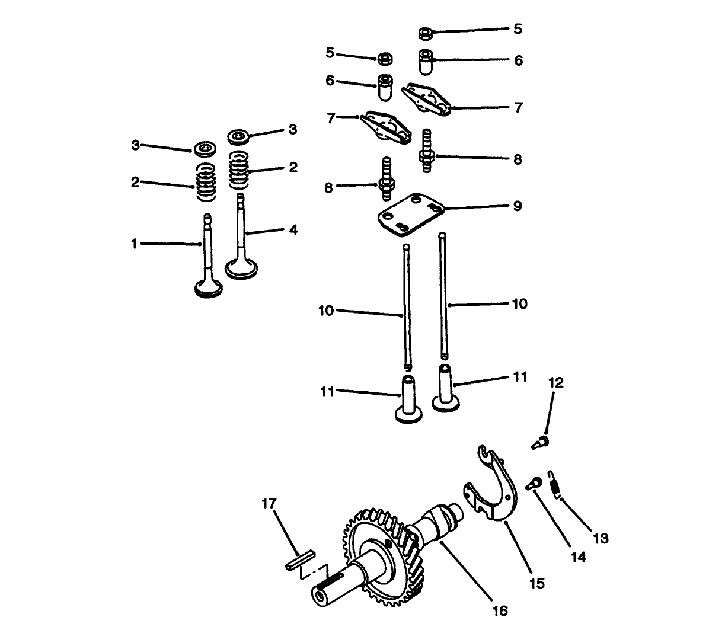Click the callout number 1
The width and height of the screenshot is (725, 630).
click(x=134, y=243)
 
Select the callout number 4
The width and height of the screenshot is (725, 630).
click(x=293, y=229)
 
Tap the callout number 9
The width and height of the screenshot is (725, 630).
click(x=517, y=206)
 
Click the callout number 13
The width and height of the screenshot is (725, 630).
click(x=601, y=538)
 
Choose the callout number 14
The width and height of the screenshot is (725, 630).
click(x=578, y=557)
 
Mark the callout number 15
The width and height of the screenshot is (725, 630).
click(x=536, y=583)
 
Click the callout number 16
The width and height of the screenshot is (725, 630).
click(x=500, y=610)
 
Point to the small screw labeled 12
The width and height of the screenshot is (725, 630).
click(x=540, y=442)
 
